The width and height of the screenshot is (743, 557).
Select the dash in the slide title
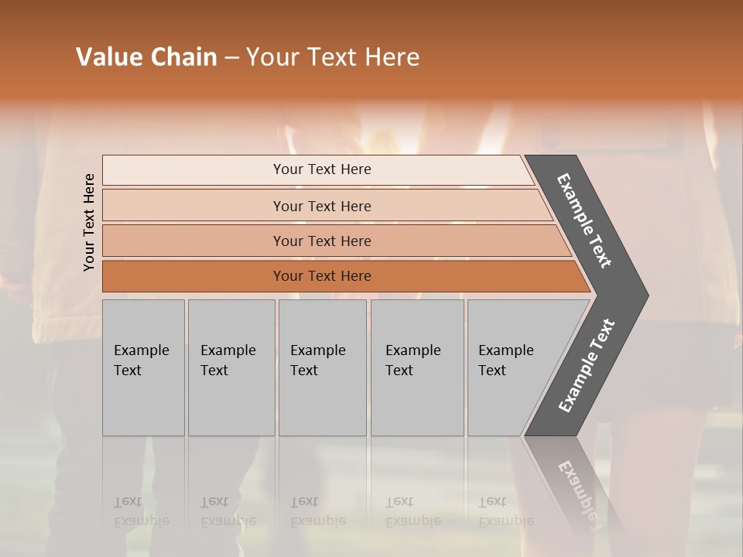point(231,58)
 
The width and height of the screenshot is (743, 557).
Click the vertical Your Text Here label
point(89,223)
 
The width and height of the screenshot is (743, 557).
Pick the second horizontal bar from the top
point(322,206)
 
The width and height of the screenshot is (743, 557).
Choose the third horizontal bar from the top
point(322,241)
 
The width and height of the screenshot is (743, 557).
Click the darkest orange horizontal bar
point(322,276)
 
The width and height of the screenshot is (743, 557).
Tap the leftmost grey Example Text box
point(143,367)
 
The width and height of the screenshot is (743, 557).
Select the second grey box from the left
point(231,367)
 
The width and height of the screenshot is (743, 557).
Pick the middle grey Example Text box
point(322,367)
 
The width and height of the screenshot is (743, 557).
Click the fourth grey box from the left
point(416,367)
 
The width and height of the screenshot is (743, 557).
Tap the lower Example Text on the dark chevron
point(586,366)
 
